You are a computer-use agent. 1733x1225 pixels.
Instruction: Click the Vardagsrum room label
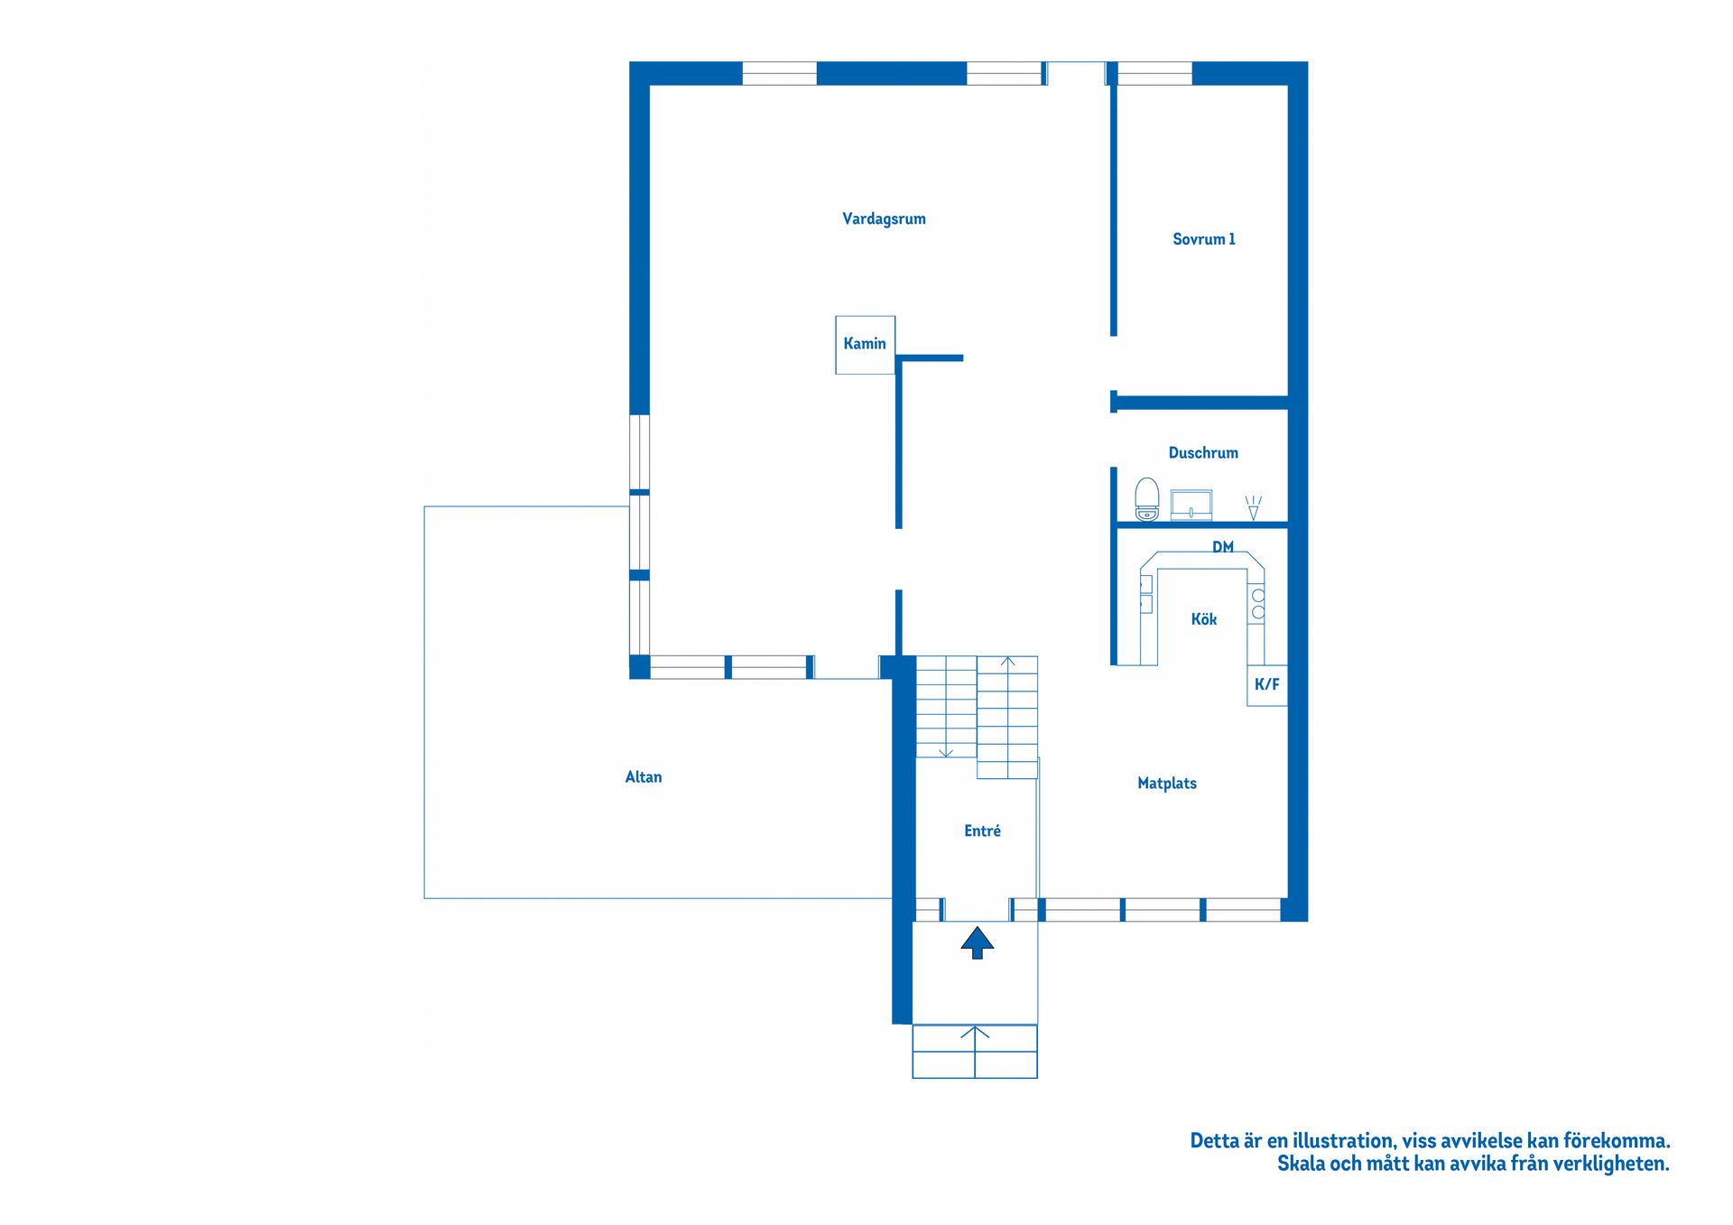pos(884,219)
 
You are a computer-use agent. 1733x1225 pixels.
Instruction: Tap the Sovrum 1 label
pos(1203,239)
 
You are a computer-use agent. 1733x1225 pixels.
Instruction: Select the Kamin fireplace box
pos(865,344)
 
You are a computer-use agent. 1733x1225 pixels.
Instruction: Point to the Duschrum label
pos(1203,453)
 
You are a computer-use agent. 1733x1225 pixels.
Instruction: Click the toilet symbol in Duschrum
pos(1146,499)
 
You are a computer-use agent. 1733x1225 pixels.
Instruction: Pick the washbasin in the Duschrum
pos(1191,505)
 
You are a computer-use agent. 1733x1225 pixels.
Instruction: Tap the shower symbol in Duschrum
pos(1253,507)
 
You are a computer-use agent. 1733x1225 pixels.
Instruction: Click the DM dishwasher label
pos(1223,547)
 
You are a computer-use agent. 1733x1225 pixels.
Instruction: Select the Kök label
pos(1204,619)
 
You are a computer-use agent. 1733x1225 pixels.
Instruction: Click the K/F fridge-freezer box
pos(1267,685)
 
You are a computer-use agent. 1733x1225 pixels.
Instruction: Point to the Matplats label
pos(1167,784)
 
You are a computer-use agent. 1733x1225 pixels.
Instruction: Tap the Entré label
pos(982,831)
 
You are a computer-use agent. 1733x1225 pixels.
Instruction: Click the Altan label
pos(644,777)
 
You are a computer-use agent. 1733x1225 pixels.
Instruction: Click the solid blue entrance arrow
pos(977,942)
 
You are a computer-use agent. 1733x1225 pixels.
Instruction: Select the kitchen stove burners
pos(1258,604)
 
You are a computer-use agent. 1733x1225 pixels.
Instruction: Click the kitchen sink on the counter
pos(1146,594)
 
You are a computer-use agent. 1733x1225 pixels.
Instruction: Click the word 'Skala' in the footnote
pos(1301,1165)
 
